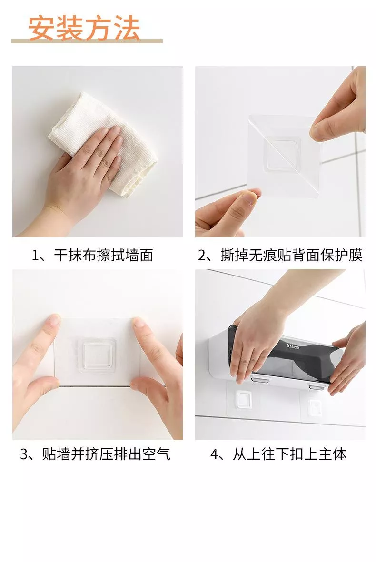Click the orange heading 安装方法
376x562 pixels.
(x=84, y=28)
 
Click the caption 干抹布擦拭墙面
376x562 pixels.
(x=104, y=255)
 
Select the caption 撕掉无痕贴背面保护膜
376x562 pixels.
(x=291, y=255)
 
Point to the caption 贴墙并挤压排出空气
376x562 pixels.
(x=106, y=454)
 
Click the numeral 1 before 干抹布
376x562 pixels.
(x=35, y=256)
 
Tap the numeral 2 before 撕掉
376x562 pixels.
(x=202, y=256)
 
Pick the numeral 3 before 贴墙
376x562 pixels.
(x=24, y=454)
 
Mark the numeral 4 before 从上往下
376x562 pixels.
(x=214, y=454)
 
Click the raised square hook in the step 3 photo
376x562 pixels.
(x=97, y=355)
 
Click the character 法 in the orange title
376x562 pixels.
(x=127, y=28)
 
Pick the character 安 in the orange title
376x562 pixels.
(x=40, y=28)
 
